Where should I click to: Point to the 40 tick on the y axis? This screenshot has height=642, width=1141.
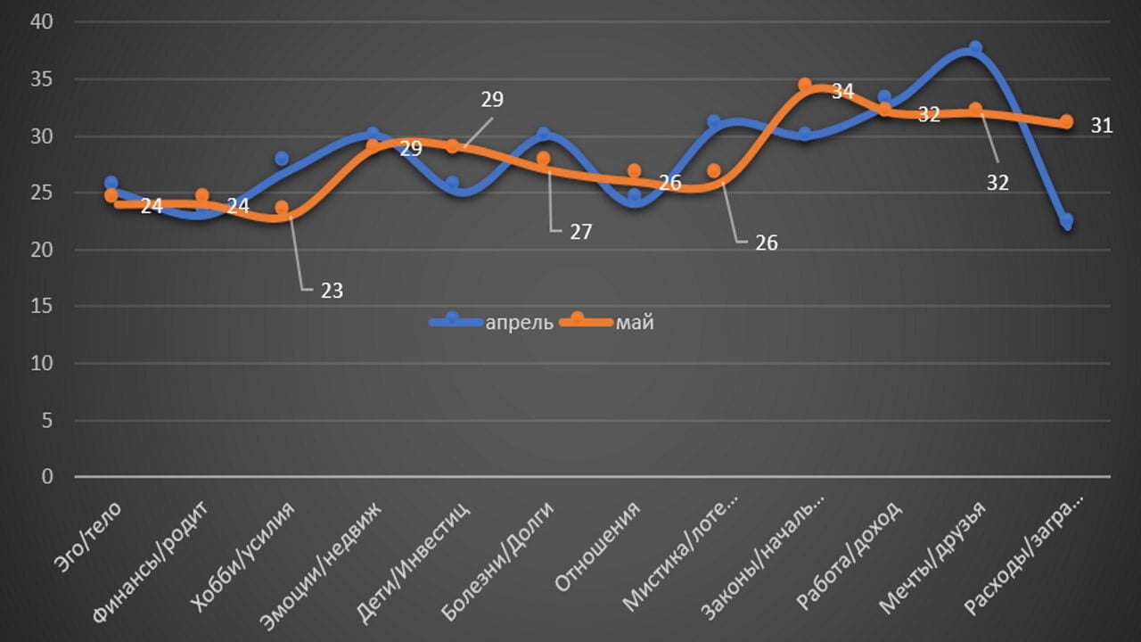pos(43,23)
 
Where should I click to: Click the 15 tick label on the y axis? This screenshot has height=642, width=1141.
pos(43,307)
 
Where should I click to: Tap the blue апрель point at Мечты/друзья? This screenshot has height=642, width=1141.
pos(975,48)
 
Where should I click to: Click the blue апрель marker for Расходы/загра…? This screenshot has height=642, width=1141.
pos(1066,220)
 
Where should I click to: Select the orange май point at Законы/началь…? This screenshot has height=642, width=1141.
pos(805,85)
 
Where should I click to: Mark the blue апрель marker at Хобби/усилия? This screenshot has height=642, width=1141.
pos(282,159)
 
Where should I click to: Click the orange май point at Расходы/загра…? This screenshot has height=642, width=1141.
pos(1066,121)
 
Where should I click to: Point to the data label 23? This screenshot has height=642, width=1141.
pos(332,290)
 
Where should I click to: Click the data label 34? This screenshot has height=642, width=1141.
pos(842,91)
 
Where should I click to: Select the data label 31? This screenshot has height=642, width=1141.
pos(1102,126)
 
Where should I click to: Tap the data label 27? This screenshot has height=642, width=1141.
pos(580,232)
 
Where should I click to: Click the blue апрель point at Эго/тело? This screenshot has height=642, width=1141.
pos(111,183)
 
